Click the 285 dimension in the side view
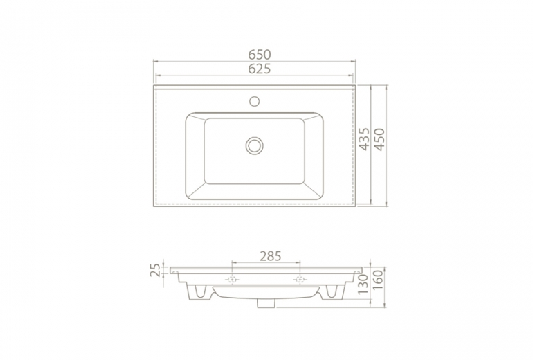click(266, 255)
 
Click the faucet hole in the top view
click(255, 101)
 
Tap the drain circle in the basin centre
click(255, 145)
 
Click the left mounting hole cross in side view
click(232, 280)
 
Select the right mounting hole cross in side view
click(300, 280)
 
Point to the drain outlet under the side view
click(266, 303)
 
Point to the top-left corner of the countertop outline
click(154, 87)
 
